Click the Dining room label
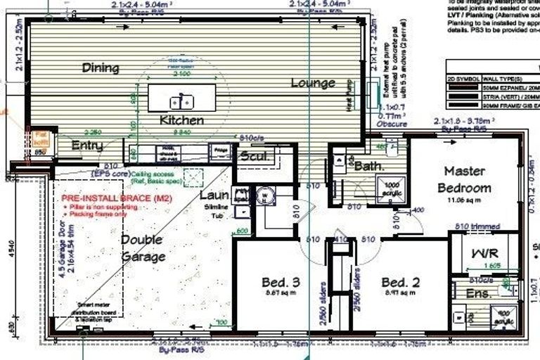tap(100, 68)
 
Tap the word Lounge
tap(313, 83)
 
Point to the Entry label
tap(87, 146)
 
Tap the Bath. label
tap(368, 167)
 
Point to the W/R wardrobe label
tap(484, 252)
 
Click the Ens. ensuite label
tap(479, 293)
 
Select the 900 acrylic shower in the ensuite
tap(503, 317)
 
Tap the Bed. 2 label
tap(401, 283)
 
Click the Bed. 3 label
tap(281, 283)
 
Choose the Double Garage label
tap(143, 247)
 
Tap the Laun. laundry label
tap(214, 195)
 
